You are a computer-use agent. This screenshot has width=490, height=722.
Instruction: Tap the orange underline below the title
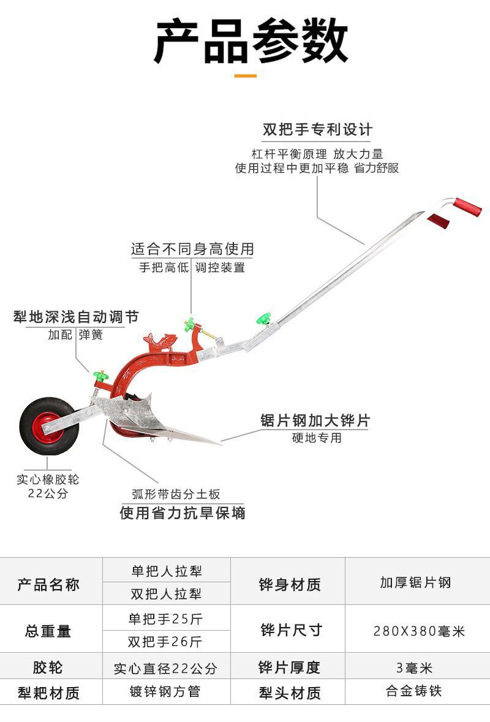[x=245, y=76]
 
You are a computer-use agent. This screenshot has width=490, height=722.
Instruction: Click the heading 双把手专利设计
[x=317, y=130]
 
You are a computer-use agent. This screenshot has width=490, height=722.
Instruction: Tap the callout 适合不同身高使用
[x=192, y=249]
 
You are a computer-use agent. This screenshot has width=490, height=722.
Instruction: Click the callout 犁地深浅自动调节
[x=76, y=317]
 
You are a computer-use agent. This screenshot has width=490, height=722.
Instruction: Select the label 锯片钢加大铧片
[x=315, y=420]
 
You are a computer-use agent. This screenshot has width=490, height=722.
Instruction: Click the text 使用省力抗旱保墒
[x=183, y=512]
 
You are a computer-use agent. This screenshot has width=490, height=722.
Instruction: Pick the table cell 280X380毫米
[x=419, y=631]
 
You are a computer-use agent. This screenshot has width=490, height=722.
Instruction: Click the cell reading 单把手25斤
[x=165, y=619]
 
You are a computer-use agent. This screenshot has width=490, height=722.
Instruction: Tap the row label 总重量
[x=48, y=631]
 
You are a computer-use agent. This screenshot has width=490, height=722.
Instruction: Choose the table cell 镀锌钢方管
[x=165, y=692]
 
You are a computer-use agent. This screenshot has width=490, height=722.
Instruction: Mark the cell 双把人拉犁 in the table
[x=167, y=594]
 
